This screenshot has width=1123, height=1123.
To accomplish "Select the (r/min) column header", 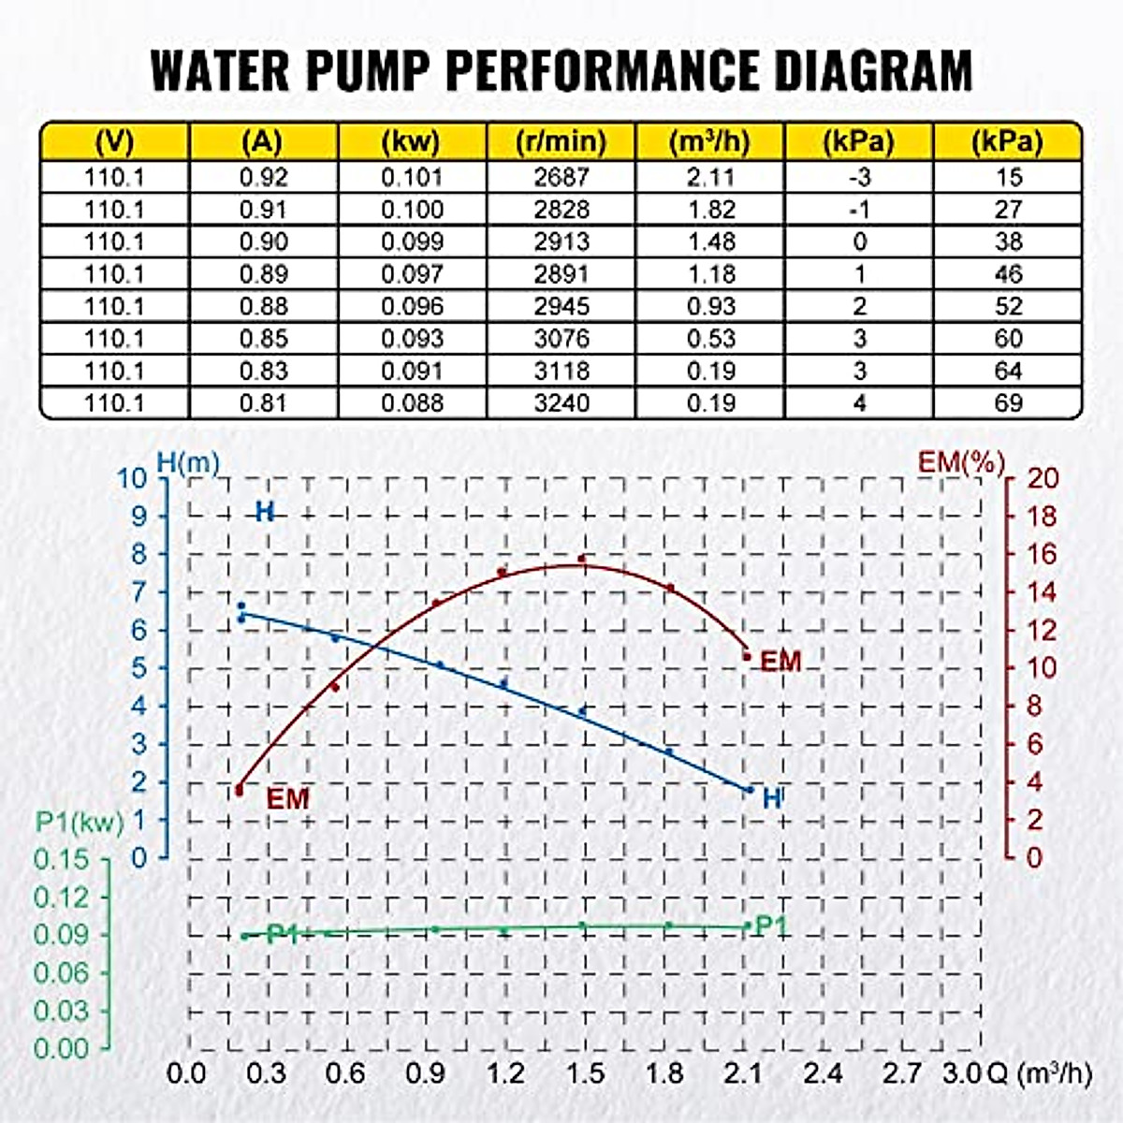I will coord(561,141).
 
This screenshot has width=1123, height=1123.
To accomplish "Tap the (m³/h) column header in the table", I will coord(709,141).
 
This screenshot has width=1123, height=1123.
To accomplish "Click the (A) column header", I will coord(262,141).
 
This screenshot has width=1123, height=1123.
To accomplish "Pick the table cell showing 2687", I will coord(561,177).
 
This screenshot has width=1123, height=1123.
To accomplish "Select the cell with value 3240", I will coord(561,403).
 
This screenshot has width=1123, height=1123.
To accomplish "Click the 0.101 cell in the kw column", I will coord(412,177).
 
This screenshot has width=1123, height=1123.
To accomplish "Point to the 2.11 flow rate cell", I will coord(710,177).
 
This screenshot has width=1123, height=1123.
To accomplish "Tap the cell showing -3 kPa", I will coord(858,177).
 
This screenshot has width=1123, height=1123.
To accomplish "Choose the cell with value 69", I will coord(1008,403).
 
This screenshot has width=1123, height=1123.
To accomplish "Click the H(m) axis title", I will coord(187,461).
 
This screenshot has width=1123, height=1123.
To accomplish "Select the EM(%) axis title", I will coord(961,461).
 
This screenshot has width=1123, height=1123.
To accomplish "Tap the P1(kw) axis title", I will coord(80,822).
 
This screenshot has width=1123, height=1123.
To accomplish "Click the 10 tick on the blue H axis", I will coord(132,478).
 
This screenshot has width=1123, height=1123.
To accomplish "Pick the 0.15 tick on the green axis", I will coord(61,859).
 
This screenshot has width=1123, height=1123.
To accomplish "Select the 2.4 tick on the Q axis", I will coord(822,1072).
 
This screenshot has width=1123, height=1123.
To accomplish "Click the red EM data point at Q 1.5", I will coord(582,559).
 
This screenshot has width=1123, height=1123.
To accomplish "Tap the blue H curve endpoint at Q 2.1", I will coord(749,790).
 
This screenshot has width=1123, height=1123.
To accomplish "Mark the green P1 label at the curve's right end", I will coord(771,926).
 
